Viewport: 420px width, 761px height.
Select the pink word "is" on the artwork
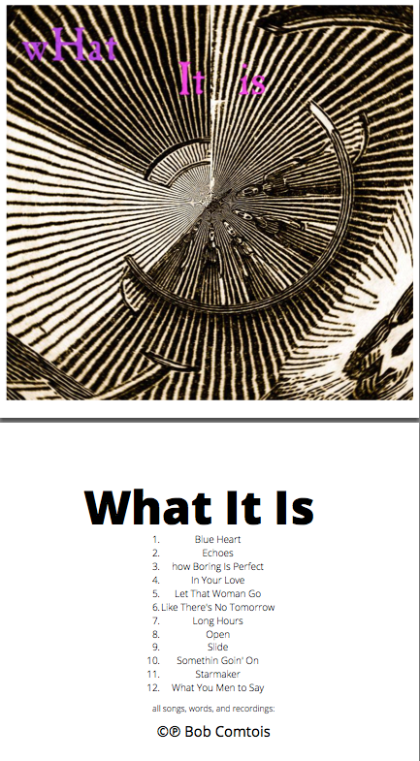click(252, 83)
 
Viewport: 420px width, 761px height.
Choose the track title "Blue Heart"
click(218, 539)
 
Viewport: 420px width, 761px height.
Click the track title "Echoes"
click(218, 553)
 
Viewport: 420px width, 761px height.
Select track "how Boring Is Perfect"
click(218, 566)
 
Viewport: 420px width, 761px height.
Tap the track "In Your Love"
click(218, 580)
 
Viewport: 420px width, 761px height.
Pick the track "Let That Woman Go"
click(218, 593)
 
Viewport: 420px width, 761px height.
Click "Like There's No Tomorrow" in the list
click(218, 607)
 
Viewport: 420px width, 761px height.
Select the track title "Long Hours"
click(218, 620)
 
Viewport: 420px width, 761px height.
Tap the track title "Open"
click(218, 634)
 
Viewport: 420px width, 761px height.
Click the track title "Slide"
click(218, 647)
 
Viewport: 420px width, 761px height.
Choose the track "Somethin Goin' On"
click(218, 660)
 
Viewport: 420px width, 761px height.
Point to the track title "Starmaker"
click(218, 674)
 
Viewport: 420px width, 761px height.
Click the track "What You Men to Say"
click(218, 687)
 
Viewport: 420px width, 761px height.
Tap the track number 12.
click(152, 687)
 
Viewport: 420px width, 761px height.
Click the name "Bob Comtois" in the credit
click(227, 731)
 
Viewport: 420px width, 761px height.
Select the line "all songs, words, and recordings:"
click(213, 709)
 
